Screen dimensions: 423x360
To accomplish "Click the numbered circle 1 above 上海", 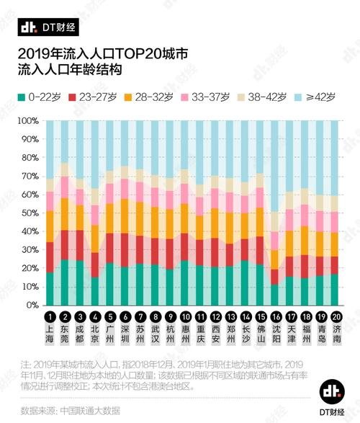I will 50,316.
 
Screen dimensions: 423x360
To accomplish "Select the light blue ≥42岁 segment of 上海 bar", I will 50,148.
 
